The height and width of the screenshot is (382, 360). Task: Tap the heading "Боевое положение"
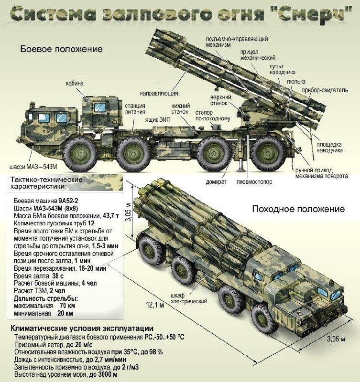tap(62, 49)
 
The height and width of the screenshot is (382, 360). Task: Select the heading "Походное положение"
tap(298, 209)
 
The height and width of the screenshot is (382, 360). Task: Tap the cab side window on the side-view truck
tap(100, 107)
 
